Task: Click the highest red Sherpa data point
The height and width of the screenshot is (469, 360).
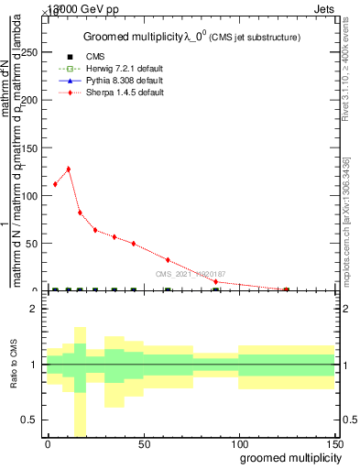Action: tap(68, 169)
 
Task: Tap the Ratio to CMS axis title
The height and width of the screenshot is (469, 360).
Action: tap(16, 365)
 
